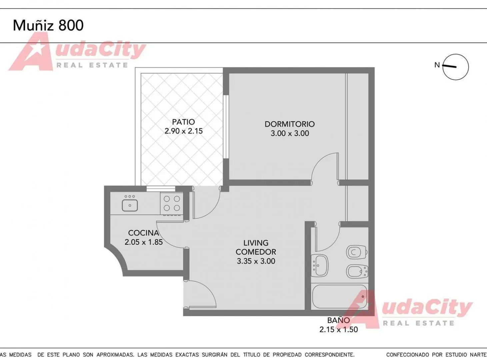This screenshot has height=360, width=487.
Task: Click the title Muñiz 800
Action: [x=48, y=25]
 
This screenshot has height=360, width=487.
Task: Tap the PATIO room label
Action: [x=183, y=122]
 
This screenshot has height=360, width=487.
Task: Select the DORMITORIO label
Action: [x=290, y=124]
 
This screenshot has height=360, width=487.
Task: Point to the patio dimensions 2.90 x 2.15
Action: [x=184, y=131]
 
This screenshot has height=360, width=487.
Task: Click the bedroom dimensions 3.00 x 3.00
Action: [x=290, y=133]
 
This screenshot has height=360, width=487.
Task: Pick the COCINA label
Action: [x=143, y=233]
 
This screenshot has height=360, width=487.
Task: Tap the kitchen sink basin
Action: [x=130, y=205]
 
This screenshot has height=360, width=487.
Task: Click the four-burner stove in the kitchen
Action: [x=172, y=203]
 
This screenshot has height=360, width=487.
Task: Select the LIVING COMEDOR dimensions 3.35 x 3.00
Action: [x=256, y=261]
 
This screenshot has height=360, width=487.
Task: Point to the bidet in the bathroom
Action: [x=357, y=271]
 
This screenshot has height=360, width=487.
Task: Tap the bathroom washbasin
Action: [x=320, y=265]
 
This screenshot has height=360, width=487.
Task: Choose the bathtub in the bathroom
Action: [x=340, y=297]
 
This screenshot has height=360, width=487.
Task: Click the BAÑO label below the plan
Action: [x=338, y=320]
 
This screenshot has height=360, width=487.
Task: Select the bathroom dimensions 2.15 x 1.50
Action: [x=339, y=329]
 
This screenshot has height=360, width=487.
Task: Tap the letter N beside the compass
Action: [x=437, y=65]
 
